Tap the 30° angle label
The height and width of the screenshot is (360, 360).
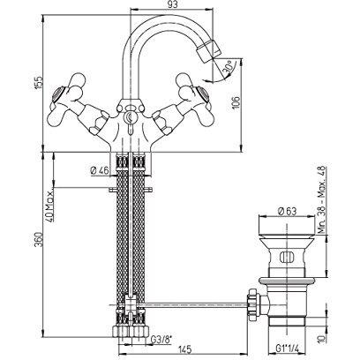coord(229,65)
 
